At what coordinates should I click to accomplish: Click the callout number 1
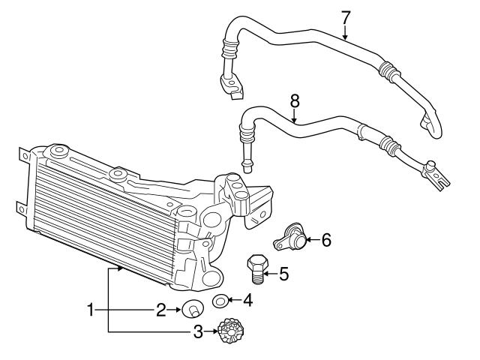[91, 309]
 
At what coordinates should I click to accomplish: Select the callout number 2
[160, 309]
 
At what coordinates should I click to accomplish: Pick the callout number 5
[283, 274]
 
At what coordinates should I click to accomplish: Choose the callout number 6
[325, 240]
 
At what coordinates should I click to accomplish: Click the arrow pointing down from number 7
[345, 31]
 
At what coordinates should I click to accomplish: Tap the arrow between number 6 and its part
[313, 240]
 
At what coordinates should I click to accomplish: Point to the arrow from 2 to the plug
[175, 309]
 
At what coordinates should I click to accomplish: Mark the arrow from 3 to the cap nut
[212, 330]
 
